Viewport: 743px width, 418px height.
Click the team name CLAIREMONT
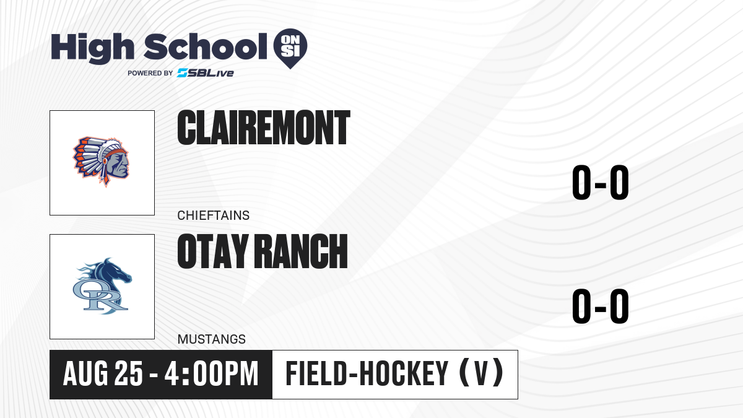click(264, 128)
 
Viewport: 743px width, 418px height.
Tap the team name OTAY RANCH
click(263, 251)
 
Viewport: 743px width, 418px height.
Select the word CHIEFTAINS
click(213, 216)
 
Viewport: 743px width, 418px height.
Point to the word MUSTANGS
click(212, 339)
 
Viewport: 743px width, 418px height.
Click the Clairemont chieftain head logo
click(101, 162)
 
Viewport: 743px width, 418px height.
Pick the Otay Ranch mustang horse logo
click(102, 286)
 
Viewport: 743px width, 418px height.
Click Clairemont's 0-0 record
click(601, 183)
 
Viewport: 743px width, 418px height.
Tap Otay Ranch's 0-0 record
click(601, 306)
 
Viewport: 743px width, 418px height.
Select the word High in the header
click(92, 48)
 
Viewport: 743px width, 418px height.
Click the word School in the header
click(206, 47)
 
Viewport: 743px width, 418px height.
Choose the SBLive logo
click(206, 73)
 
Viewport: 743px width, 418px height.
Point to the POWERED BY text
click(150, 73)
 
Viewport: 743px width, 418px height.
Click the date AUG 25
click(103, 374)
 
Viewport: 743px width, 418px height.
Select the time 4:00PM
click(211, 374)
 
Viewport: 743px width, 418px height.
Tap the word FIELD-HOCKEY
click(367, 374)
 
